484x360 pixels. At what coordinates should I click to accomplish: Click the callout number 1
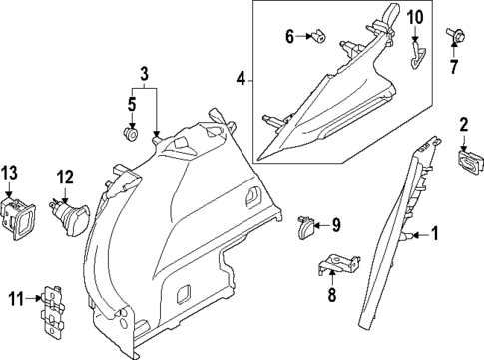click(434, 234)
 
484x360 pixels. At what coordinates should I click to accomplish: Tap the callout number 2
click(463, 125)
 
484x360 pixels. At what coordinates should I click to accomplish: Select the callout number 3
click(143, 72)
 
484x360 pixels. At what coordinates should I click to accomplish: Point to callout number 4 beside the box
click(240, 78)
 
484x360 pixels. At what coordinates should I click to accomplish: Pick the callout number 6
click(290, 36)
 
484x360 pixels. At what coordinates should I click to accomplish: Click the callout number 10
click(416, 17)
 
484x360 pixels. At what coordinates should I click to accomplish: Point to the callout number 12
click(65, 177)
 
